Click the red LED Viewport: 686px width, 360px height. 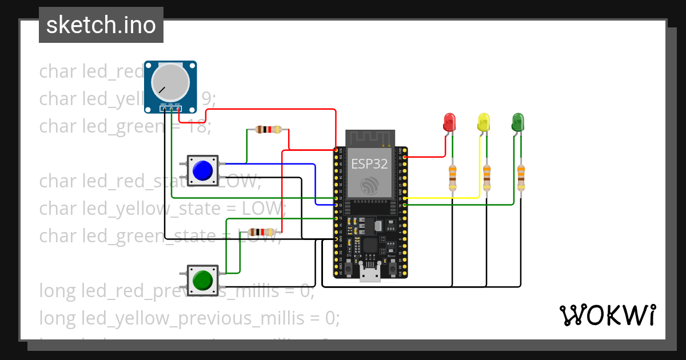coord(450,121)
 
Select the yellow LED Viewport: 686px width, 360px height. coord(484,122)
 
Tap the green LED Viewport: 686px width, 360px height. coord(518,121)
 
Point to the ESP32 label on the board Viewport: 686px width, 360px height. coord(369,165)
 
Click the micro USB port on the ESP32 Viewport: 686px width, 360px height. coord(370,275)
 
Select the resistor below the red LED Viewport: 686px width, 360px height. coord(453,178)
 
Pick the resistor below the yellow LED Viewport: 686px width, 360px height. coord(486,178)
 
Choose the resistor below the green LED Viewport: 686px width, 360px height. coord(521,178)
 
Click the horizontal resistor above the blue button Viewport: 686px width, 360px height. coord(268,130)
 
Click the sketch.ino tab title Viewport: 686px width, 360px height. coord(101,26)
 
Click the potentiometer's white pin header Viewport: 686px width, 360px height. coord(170,108)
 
